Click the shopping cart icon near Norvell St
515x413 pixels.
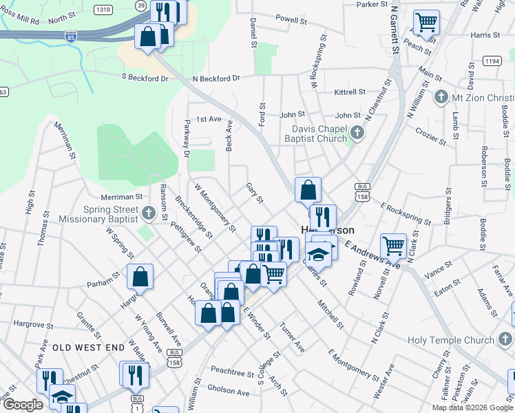pos(394,244)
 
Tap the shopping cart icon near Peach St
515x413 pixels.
pos(426,22)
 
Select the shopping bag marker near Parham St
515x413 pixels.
pos(140,277)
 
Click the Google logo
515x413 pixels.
pos(23,405)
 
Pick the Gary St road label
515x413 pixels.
pos(255,193)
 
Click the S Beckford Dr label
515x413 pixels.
pos(145,78)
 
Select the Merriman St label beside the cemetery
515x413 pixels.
pos(120,197)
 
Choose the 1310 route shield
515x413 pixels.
pos(103,9)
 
